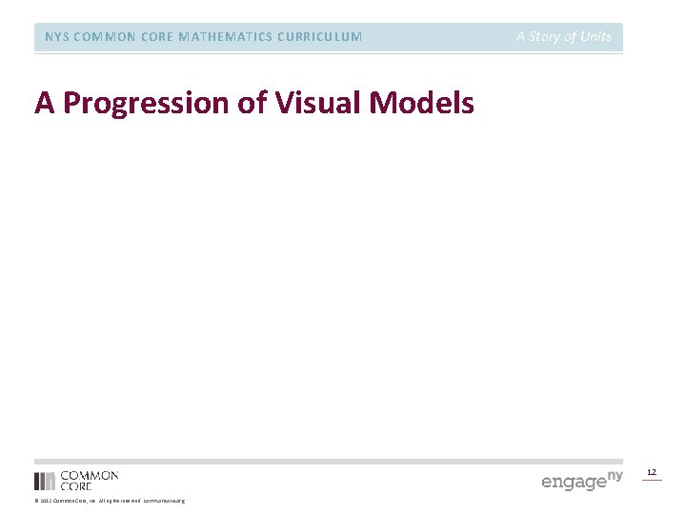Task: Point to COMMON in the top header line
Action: (103, 37)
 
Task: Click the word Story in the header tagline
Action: (546, 36)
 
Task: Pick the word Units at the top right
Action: (595, 36)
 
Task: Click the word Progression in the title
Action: (147, 102)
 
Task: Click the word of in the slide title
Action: (252, 102)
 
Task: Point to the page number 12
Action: (652, 472)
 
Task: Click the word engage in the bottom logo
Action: (574, 482)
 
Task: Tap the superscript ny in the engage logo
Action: (615, 474)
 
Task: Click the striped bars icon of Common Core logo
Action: (45, 481)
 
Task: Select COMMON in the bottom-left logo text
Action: (90, 475)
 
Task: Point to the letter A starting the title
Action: (44, 102)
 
